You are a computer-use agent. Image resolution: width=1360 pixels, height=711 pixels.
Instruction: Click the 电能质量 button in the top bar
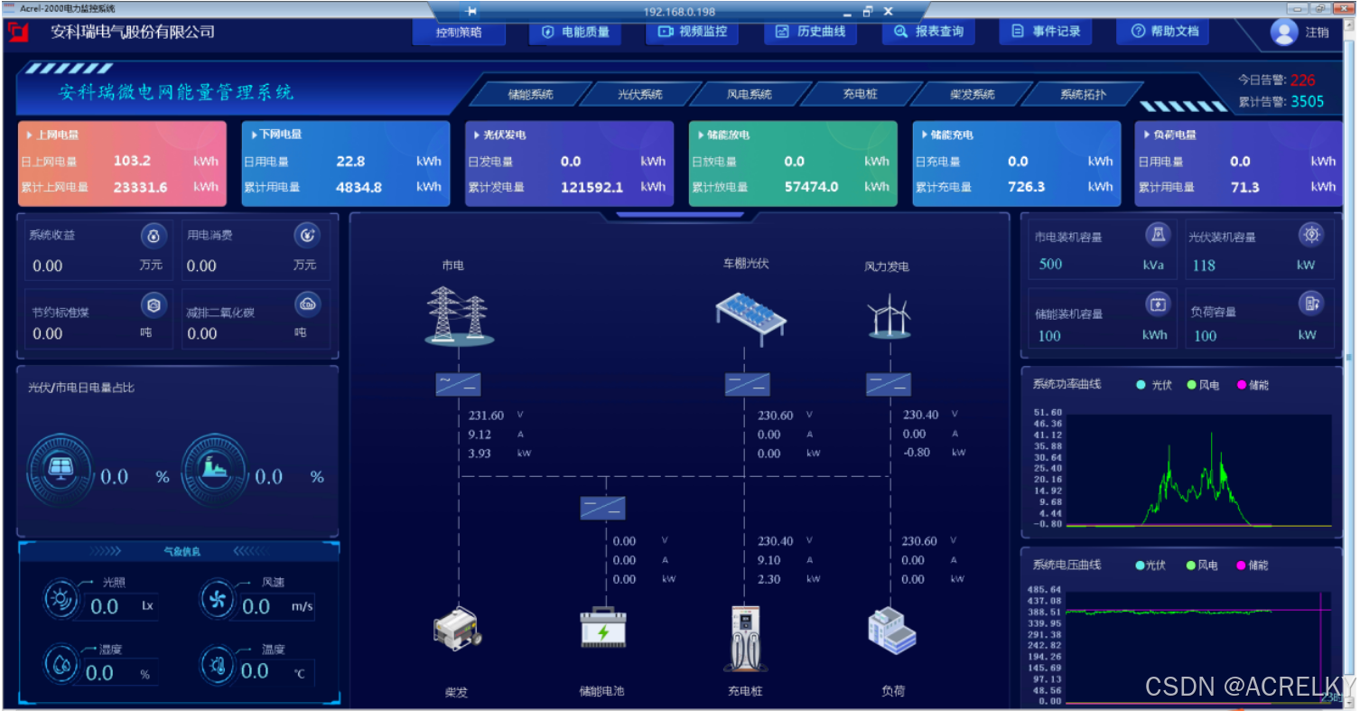point(575,32)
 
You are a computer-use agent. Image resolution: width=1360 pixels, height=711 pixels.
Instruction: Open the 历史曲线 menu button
point(810,32)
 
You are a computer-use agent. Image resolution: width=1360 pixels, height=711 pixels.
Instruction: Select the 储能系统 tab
point(530,94)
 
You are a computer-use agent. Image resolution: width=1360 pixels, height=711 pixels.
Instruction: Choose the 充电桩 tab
point(860,94)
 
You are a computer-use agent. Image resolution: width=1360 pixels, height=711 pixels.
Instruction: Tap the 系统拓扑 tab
point(1083,94)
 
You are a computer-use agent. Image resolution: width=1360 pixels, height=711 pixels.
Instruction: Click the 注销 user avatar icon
point(1283,32)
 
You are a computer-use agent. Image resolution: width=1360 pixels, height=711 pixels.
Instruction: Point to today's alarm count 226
point(1302,80)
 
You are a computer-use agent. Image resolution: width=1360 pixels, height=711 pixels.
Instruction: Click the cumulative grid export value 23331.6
point(140,187)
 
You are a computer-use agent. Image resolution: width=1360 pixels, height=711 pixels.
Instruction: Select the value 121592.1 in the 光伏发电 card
point(592,187)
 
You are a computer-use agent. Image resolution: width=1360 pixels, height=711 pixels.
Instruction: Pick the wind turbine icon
point(889,316)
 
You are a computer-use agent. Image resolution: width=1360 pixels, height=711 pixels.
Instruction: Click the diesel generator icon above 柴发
point(457,629)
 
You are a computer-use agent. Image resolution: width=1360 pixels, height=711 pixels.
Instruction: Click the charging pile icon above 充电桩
point(746,637)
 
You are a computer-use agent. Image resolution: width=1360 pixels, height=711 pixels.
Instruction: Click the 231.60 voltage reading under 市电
point(486,416)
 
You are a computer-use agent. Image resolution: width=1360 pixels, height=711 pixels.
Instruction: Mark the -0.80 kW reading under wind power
point(917,453)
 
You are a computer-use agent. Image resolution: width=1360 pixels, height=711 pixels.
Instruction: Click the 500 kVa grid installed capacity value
point(1050,265)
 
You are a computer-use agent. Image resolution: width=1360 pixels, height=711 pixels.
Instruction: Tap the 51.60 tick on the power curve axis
point(1048,412)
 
